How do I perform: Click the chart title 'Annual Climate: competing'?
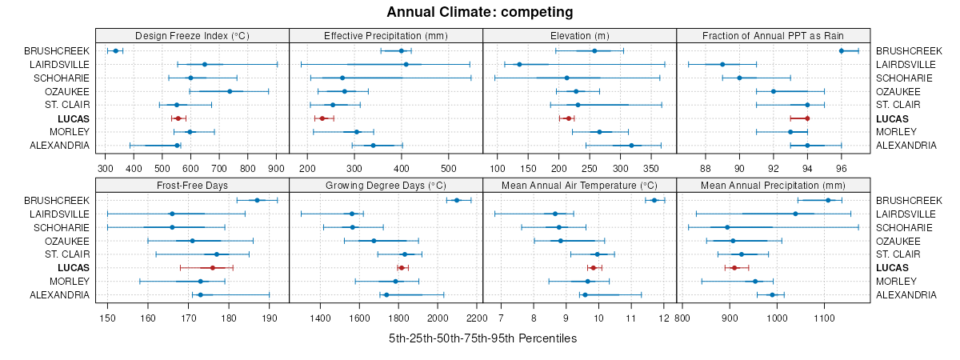click(480, 12)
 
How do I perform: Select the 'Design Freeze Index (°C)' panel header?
click(192, 35)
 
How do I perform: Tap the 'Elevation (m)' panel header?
click(579, 35)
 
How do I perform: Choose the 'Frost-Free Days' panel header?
click(192, 185)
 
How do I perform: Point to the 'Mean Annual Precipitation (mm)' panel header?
click(773, 185)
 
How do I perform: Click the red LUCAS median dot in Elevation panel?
click(569, 118)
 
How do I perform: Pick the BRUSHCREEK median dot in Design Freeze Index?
click(115, 50)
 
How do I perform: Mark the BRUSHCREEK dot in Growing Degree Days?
click(457, 200)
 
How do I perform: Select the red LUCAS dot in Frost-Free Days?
click(213, 268)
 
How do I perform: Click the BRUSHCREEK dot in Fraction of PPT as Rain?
click(842, 50)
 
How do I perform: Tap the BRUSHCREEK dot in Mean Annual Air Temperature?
click(654, 200)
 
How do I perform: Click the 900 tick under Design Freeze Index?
click(277, 169)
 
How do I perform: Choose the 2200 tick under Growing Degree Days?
click(477, 318)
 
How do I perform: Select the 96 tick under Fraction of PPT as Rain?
click(842, 169)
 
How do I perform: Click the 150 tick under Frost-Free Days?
click(107, 318)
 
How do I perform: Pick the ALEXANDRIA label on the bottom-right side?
click(906, 295)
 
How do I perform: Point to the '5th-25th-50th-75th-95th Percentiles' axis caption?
click(482, 338)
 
